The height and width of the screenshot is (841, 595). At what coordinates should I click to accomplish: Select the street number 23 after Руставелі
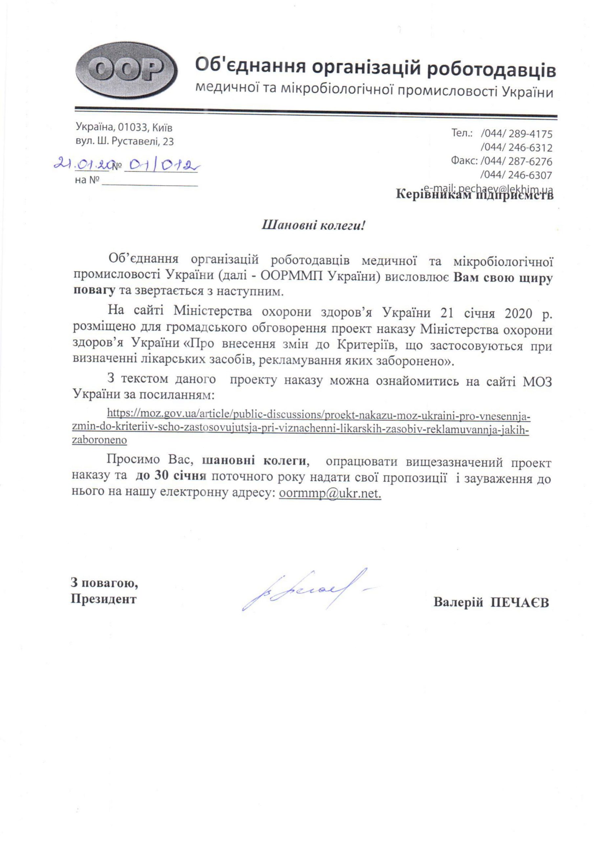tap(168, 142)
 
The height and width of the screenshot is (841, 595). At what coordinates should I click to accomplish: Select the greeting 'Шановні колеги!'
tap(313, 225)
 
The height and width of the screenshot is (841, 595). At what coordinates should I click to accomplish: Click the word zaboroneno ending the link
tap(99, 441)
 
